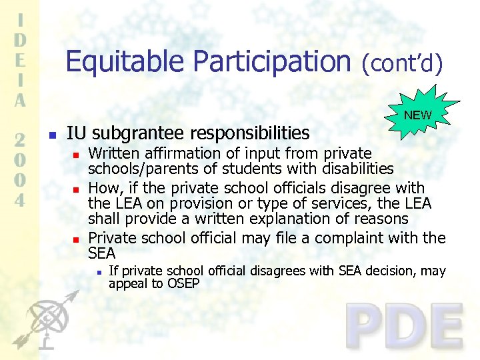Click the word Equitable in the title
(126, 61)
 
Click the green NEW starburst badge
(417, 115)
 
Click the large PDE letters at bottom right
(405, 326)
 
